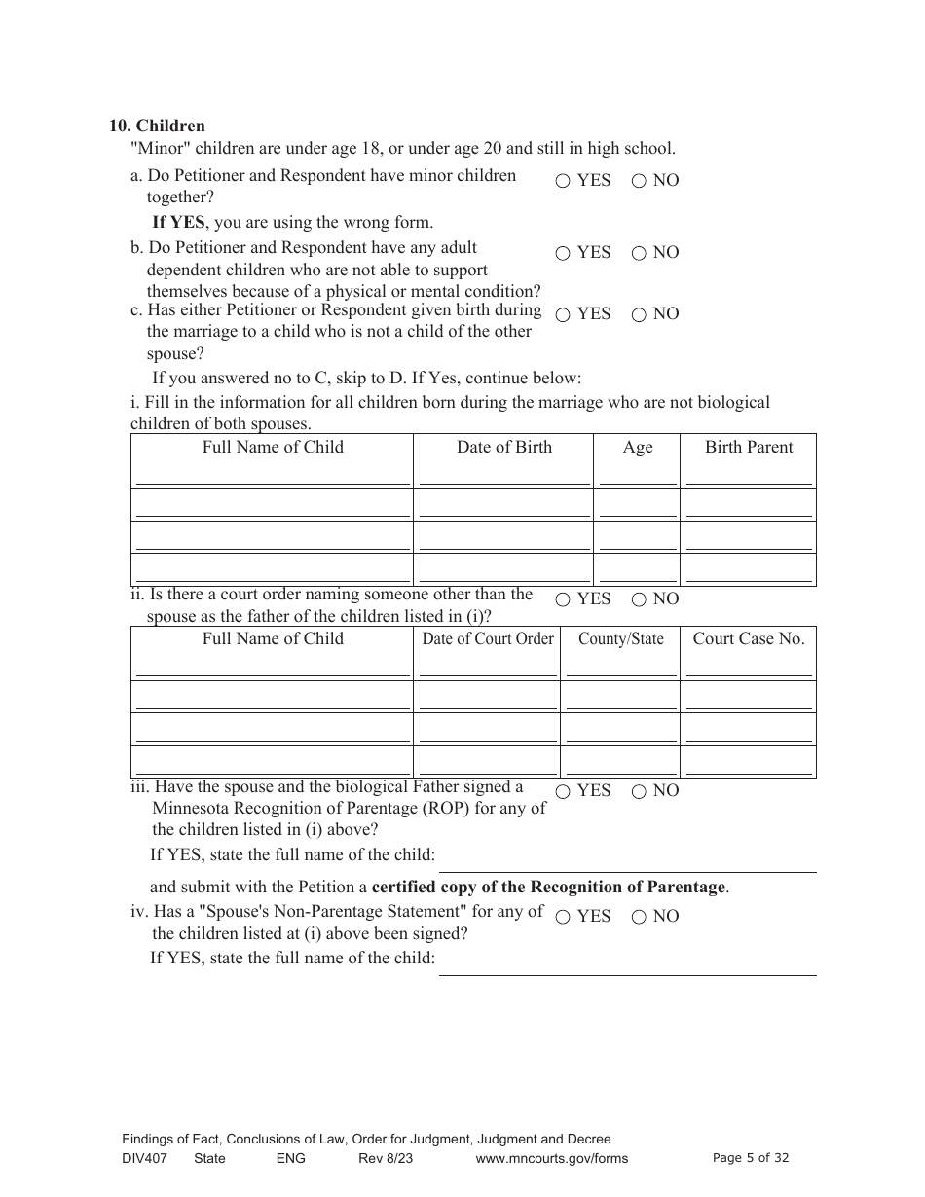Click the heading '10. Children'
click(157, 126)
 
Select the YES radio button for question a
click(563, 181)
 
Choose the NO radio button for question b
click(639, 253)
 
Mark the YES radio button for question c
click(563, 314)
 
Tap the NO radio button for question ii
click(639, 599)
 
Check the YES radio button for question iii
click(563, 791)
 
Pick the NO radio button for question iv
click(639, 917)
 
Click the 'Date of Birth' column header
click(503, 448)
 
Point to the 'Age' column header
click(638, 448)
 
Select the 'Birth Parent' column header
click(749, 448)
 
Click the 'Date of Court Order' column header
click(487, 639)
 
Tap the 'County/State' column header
click(620, 639)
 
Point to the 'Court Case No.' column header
click(749, 639)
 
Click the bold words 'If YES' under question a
click(178, 222)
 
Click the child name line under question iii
click(627, 864)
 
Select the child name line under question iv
click(627, 966)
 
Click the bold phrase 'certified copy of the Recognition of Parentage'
click(549, 888)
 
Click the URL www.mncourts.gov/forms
click(552, 1158)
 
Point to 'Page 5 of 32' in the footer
click(751, 1158)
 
